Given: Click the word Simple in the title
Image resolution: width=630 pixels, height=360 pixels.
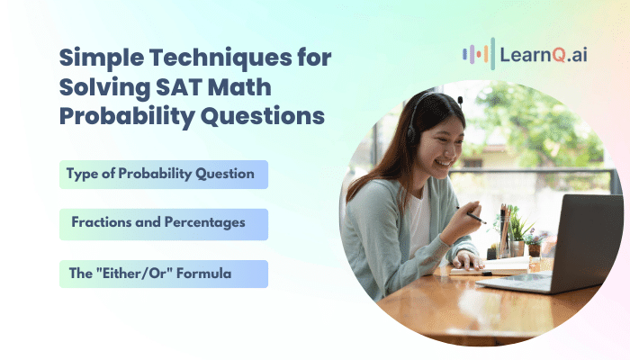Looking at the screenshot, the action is coord(102,58).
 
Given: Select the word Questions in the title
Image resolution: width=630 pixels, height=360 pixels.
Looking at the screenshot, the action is coord(263,117).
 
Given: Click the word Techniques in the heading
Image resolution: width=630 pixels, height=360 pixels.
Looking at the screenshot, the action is coord(220,58).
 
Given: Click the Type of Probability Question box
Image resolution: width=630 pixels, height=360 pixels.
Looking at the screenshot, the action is coord(164,175).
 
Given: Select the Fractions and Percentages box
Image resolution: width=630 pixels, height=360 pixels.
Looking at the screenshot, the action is coord(164,224).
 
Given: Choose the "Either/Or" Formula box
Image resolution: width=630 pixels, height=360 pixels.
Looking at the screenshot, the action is coord(164,274).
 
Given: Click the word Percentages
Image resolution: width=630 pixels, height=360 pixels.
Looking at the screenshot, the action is coord(204,222).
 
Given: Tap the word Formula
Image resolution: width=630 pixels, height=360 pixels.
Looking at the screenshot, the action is coord(203,274).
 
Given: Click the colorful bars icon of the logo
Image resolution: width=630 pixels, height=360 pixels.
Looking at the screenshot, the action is coord(479,54).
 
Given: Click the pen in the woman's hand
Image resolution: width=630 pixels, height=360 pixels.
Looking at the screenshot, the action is coord(472,216).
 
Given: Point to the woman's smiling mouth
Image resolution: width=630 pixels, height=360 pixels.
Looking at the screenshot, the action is coord(444,163).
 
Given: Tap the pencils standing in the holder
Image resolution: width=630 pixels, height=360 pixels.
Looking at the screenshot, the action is coord(505,229).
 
